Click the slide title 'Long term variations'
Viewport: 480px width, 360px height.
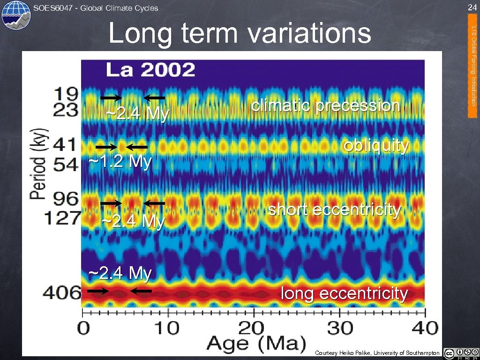point(240,33)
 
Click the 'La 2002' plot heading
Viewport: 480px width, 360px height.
point(150,70)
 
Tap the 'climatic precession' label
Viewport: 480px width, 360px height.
point(326,106)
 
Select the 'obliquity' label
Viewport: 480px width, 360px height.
point(376,146)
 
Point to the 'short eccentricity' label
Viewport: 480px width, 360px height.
point(334,210)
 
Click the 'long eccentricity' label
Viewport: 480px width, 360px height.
point(345,293)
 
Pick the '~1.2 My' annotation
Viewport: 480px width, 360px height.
point(120,162)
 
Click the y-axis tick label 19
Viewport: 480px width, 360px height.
point(67,93)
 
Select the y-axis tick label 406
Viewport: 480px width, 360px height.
point(62,293)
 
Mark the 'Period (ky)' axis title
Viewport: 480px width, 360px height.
point(39,163)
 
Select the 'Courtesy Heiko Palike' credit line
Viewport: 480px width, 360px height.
point(377,353)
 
